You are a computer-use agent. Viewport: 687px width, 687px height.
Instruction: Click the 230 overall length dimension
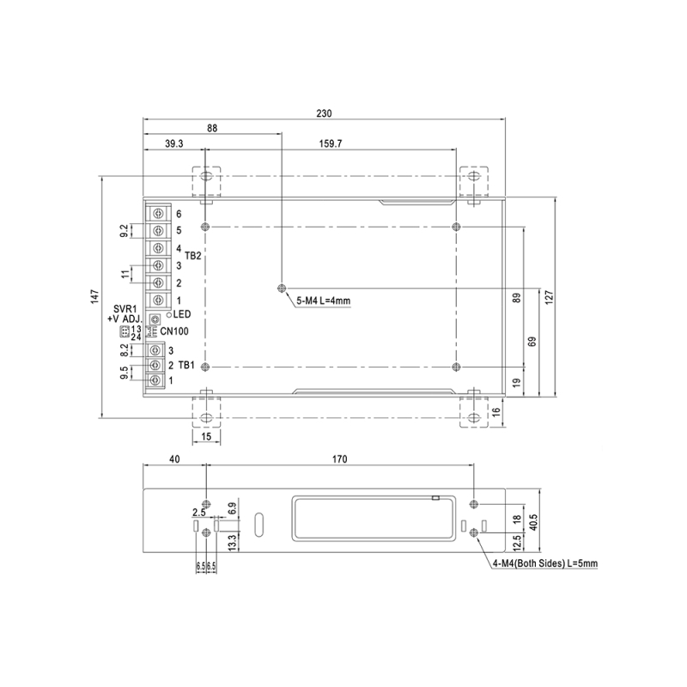(324, 113)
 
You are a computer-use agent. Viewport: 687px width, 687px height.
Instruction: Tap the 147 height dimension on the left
(94, 297)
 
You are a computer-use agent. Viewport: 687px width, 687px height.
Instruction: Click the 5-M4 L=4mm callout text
(324, 301)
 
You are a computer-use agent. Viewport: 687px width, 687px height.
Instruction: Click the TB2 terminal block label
(193, 256)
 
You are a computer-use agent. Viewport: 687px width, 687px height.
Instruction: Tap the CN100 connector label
(176, 331)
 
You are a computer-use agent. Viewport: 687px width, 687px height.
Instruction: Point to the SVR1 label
(126, 308)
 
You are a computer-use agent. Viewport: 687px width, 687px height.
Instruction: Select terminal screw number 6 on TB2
(159, 213)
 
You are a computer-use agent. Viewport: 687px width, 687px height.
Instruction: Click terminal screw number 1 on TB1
(155, 380)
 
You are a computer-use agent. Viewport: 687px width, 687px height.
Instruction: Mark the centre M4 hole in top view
(282, 288)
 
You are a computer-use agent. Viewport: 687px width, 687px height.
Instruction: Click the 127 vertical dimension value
(548, 296)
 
